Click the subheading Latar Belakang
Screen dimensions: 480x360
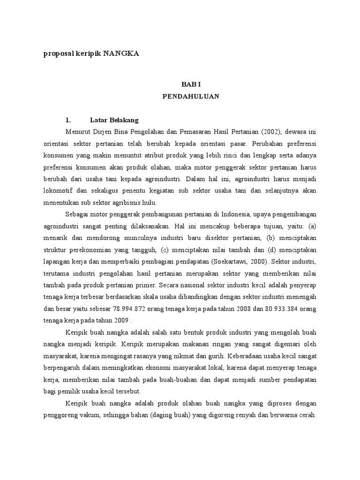point(114,120)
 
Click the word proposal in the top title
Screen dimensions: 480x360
point(60,54)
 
